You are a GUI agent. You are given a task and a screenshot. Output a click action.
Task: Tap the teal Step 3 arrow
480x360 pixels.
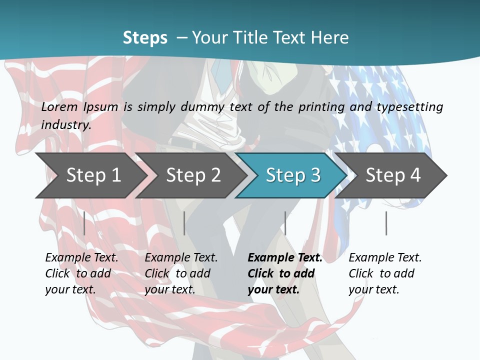pos(292,175)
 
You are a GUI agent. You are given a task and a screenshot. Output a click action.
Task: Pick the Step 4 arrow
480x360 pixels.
pos(392,175)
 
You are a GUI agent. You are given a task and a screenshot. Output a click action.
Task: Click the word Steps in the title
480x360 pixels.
pos(145,37)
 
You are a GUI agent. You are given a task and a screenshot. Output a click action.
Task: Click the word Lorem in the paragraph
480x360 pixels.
pos(59,106)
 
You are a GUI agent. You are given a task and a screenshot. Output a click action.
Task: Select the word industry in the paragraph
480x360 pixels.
pos(65,124)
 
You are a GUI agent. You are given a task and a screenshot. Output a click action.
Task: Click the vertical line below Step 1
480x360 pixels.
pos(84,223)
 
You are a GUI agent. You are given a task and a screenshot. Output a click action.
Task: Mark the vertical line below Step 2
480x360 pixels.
pos(184,223)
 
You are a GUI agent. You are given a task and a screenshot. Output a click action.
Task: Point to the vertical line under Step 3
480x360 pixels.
pos(285,223)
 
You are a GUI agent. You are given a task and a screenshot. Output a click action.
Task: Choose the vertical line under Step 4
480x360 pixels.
pos(386,223)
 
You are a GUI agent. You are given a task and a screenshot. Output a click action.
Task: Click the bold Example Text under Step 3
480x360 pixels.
pos(285,258)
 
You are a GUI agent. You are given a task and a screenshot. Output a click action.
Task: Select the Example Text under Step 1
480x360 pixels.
pos(82,258)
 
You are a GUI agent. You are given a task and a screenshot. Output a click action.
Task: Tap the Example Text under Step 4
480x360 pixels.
pos(385,258)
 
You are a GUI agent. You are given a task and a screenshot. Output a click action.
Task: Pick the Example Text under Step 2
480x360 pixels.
pos(181,258)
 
